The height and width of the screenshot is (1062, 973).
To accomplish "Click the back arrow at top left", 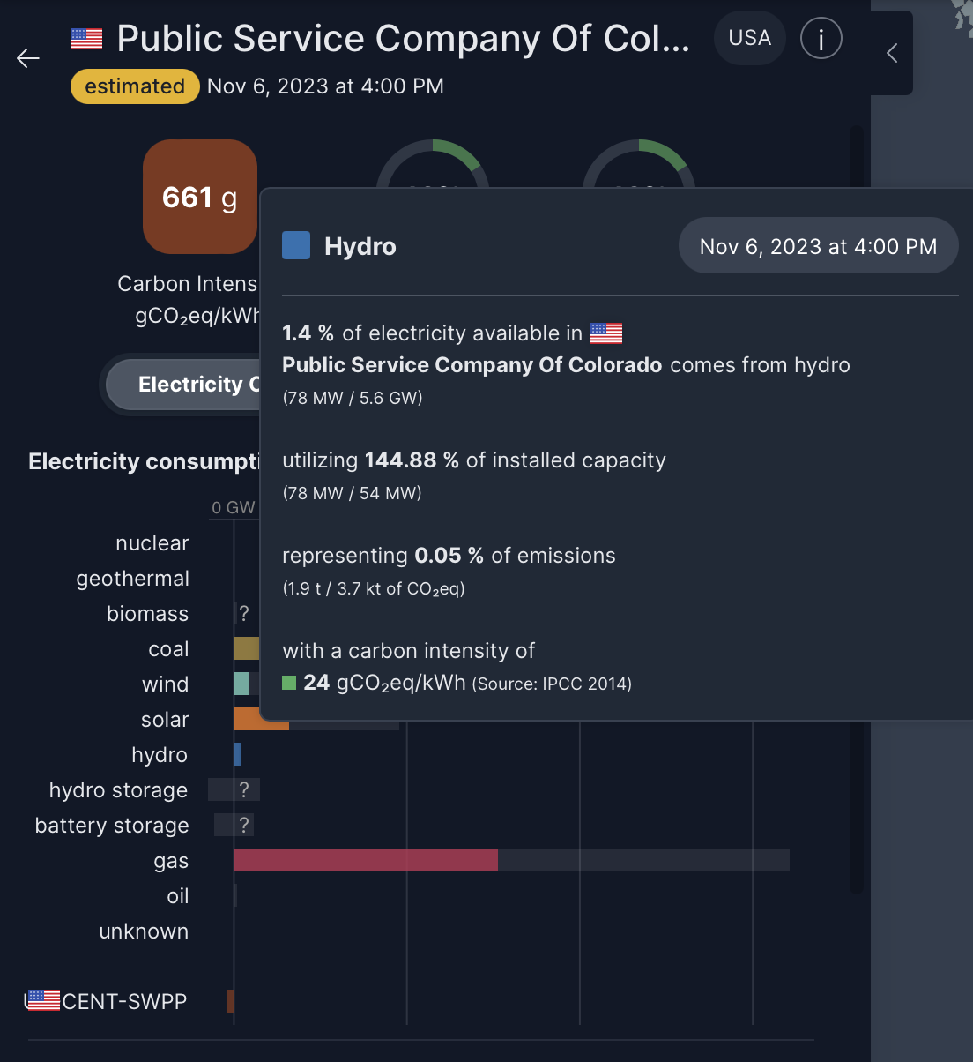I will (x=28, y=58).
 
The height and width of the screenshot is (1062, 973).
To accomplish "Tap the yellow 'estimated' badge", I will (x=135, y=86).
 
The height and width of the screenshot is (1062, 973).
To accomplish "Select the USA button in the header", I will (x=749, y=38).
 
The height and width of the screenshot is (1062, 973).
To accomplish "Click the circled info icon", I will (x=821, y=39).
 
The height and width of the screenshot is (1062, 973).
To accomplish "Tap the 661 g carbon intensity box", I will (x=200, y=197).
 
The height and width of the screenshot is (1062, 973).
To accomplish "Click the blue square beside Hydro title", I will (x=296, y=246).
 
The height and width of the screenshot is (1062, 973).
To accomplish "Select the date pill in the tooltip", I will (x=818, y=246).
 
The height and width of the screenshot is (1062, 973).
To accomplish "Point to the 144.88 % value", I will (x=412, y=460).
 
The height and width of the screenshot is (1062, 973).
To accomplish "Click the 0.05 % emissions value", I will (x=449, y=556).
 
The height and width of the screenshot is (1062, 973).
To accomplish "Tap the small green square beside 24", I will (x=289, y=683).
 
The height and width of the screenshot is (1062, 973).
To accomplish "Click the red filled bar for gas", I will (x=365, y=860).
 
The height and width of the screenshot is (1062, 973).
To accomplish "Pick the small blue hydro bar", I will (x=237, y=754).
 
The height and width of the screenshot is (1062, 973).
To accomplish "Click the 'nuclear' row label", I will (x=152, y=543).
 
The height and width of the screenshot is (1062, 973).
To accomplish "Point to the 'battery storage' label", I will (x=112, y=826).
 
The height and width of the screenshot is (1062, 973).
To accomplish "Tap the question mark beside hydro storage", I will (x=244, y=789).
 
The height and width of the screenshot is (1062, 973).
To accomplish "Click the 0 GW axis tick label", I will (x=234, y=508).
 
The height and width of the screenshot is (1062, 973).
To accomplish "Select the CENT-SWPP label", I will (x=124, y=1002).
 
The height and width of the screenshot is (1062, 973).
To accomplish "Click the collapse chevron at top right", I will (x=892, y=53).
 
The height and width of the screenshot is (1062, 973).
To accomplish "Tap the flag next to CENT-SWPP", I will (x=42, y=1000).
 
